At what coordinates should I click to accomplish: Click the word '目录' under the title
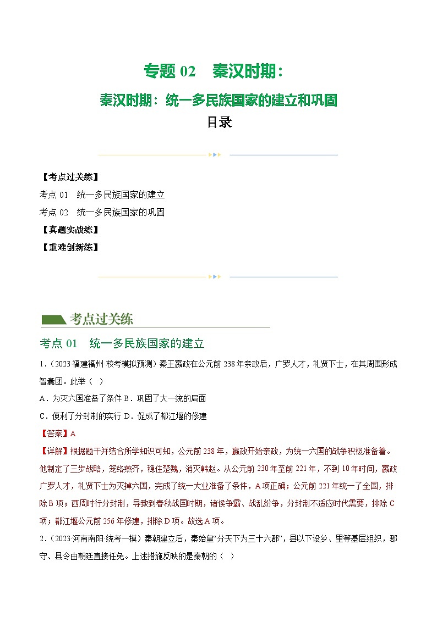coord(218,123)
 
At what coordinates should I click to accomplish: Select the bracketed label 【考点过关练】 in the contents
coord(70,177)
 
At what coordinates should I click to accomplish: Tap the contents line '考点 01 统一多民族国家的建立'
coord(102,194)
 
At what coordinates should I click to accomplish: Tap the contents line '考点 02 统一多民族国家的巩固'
coord(102,212)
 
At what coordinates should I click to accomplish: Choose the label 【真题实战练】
coord(70,230)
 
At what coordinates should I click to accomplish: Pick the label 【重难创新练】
coord(70,247)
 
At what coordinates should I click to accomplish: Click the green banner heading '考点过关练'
coord(101,319)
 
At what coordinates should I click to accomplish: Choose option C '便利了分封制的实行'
coord(83,416)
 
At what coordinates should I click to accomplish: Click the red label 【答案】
coord(54,433)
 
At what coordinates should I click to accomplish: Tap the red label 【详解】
coord(54,451)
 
